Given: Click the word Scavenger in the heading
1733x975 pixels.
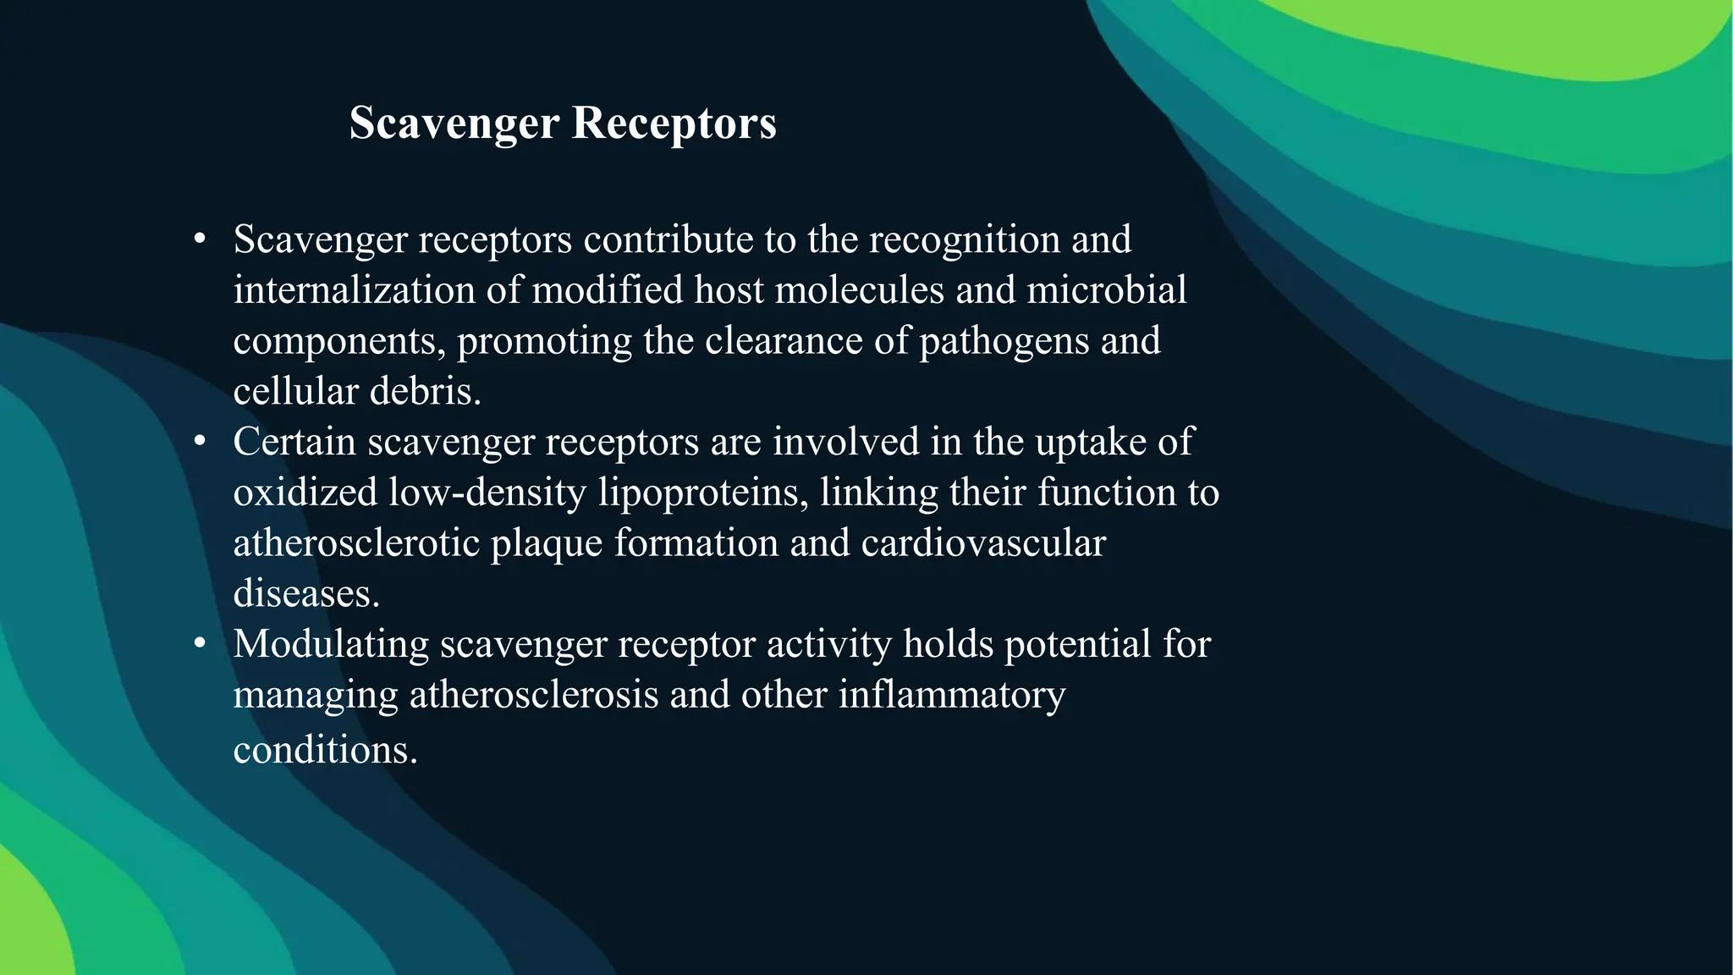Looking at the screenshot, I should [454, 124].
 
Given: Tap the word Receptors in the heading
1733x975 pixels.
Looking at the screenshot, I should [674, 124].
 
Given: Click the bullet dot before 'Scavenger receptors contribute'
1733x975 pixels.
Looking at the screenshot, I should [200, 240].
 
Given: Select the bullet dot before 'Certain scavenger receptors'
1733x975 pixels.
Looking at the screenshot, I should [200, 442].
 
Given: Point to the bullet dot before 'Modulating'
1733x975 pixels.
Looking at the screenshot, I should [200, 644].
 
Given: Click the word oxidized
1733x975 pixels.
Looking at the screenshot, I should [305, 493].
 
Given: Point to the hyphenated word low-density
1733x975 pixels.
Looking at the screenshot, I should [487, 493].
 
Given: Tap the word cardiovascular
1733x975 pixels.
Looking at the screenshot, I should [982, 543].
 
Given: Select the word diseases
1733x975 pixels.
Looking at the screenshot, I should [305, 593].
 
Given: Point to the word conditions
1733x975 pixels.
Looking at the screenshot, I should [325, 750].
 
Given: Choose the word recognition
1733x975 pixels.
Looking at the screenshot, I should [964, 240].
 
